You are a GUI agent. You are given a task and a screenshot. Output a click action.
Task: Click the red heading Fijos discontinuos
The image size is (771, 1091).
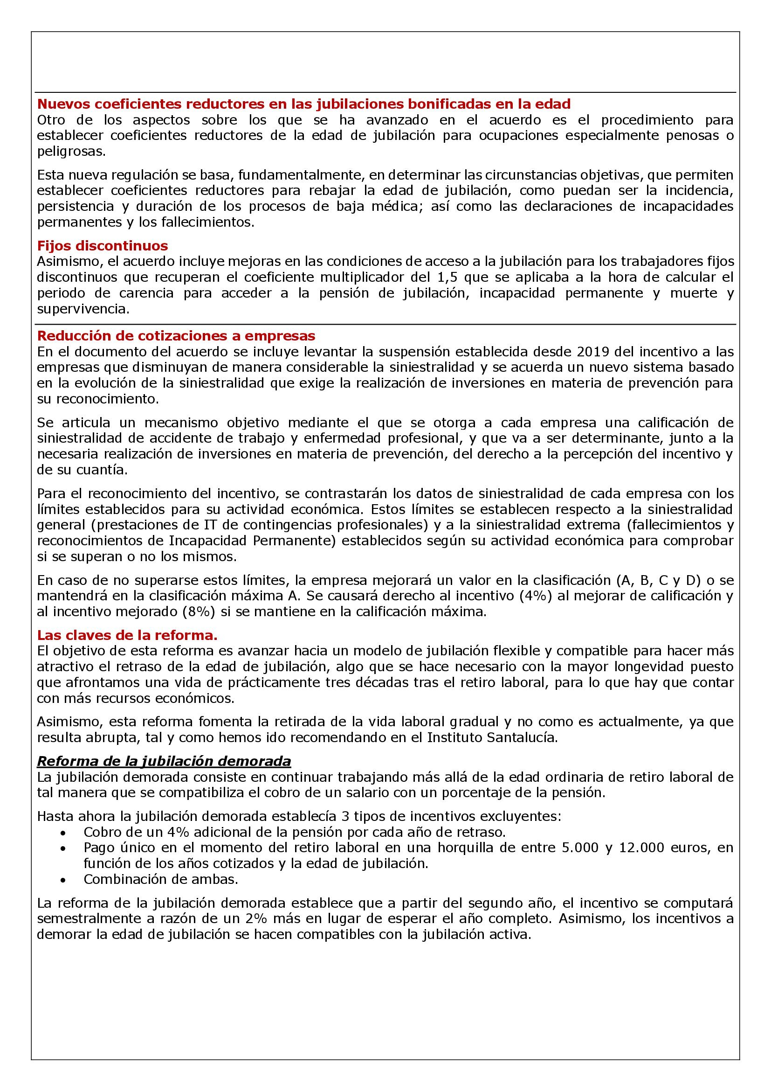(103, 246)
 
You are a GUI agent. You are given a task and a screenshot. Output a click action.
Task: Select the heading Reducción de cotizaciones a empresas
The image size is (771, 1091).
(176, 336)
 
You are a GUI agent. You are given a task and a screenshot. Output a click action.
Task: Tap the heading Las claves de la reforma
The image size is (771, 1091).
(127, 635)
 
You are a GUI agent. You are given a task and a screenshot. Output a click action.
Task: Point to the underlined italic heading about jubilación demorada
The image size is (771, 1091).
(164, 761)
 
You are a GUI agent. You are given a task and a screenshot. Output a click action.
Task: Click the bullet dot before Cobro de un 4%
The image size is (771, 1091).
(63, 833)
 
